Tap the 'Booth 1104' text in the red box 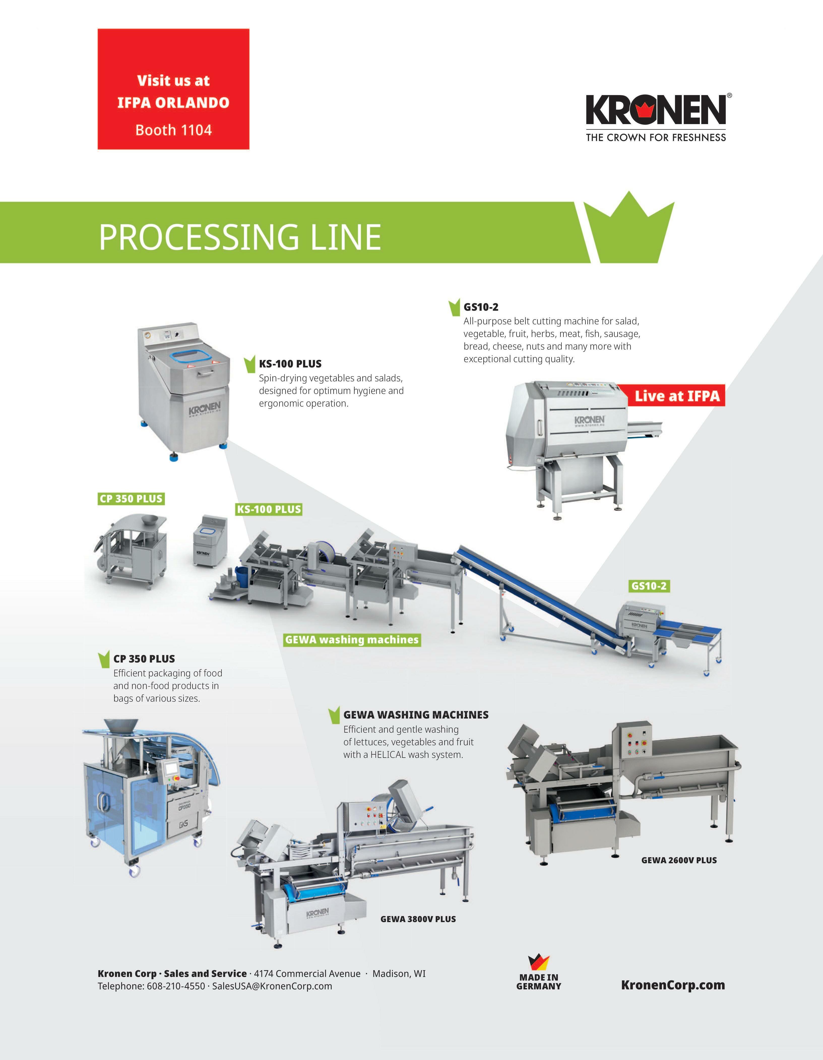click(174, 130)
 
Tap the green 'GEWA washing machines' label click(352, 640)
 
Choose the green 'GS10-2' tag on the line click(649, 586)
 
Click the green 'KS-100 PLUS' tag click(269, 510)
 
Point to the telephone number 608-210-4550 click(176, 986)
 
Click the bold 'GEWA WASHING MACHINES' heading click(416, 715)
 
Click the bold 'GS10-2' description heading click(481, 307)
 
